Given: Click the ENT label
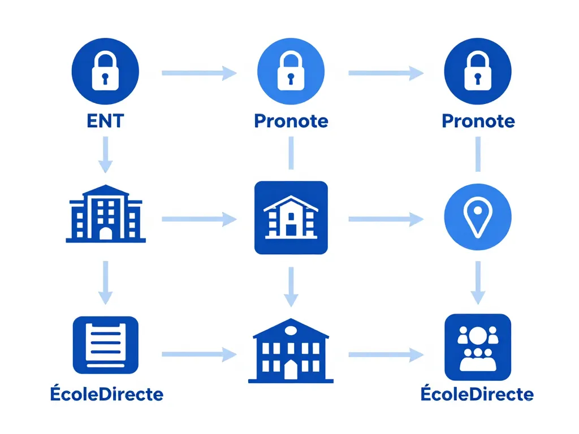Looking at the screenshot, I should (x=106, y=121).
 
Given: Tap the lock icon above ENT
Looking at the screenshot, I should (x=106, y=72).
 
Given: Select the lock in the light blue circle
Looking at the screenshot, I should (x=291, y=72).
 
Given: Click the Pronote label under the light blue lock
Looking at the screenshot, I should (x=291, y=121).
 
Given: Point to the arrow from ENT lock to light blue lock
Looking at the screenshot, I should (x=198, y=72).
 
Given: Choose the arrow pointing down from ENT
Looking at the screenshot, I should (x=106, y=156).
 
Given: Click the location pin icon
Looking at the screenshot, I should (x=478, y=218).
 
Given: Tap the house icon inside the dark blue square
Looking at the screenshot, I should (x=291, y=217).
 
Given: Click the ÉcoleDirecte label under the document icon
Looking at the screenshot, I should (x=106, y=394).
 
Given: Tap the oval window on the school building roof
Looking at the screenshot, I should (x=291, y=329).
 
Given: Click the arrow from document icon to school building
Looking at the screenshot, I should (x=198, y=354).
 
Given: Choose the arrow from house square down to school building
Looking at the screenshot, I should (x=291, y=285).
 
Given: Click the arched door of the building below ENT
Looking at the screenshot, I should (x=106, y=233).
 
